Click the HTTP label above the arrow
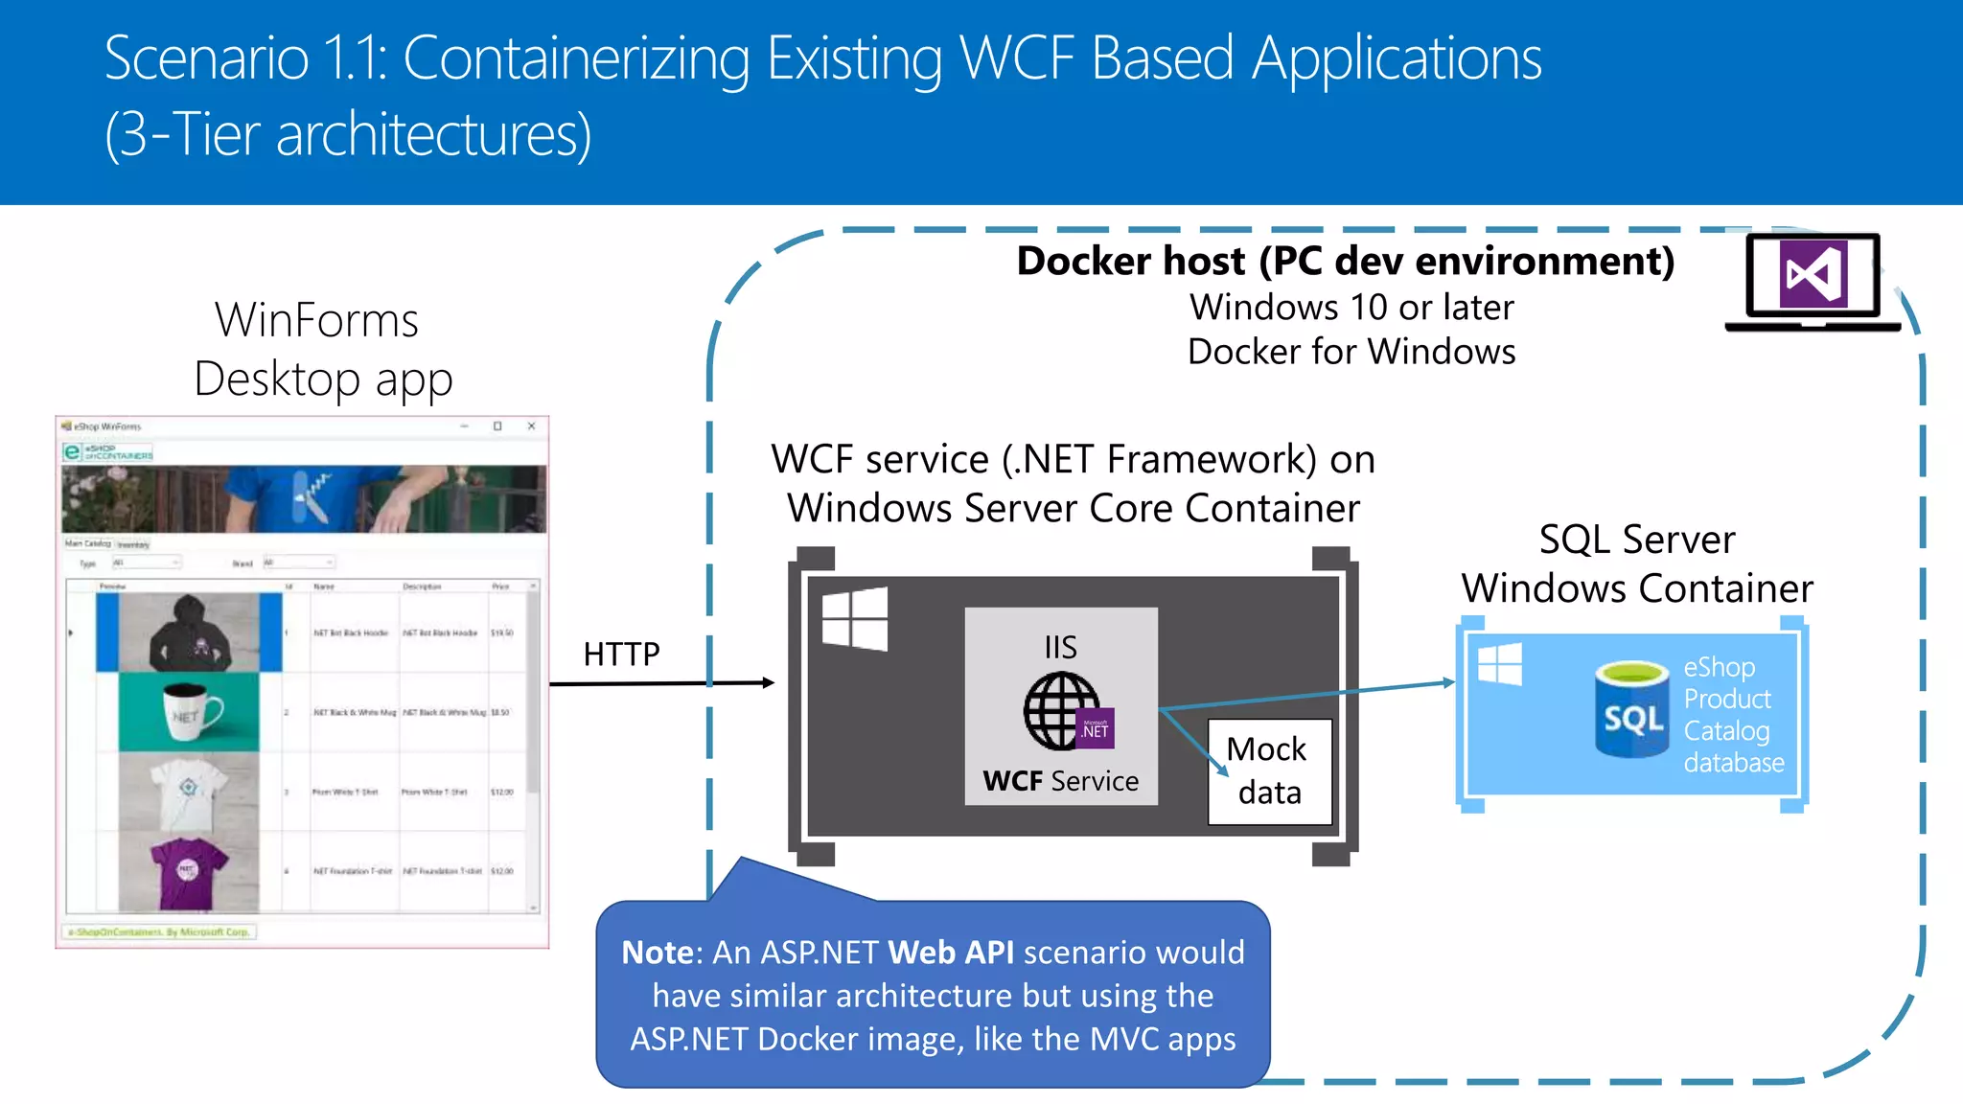[621, 654]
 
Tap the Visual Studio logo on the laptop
[1813, 275]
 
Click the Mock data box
[1269, 771]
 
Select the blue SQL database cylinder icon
[1632, 710]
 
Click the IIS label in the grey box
[1060, 647]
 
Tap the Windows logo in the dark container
[855, 619]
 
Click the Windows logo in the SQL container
[1499, 664]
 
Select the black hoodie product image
[190, 632]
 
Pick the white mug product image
[190, 712]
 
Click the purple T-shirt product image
[190, 871]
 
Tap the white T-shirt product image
[190, 792]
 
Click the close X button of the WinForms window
[531, 426]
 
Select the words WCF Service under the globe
[1060, 781]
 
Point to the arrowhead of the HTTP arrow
[769, 682]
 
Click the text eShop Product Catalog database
[1732, 714]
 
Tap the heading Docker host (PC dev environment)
[1345, 261]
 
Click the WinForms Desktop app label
[321, 349]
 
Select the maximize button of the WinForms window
[497, 426]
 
